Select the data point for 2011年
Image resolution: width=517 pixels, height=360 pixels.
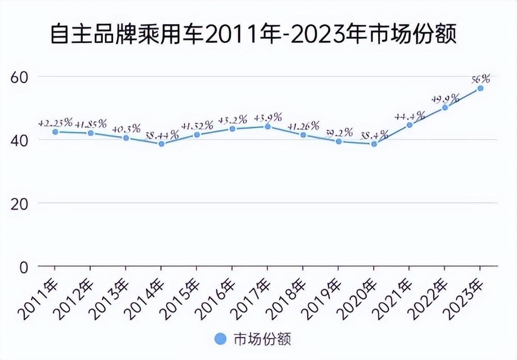click(55, 132)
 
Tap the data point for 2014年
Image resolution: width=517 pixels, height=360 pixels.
click(161, 144)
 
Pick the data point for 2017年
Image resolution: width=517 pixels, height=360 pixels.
click(267, 126)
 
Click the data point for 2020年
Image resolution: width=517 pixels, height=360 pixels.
click(374, 144)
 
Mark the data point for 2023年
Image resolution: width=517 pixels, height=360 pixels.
click(480, 88)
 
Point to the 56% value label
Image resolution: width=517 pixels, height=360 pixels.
click(480, 79)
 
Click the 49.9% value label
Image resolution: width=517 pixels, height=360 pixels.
click(445, 98)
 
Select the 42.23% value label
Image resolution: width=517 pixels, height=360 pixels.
click(55, 123)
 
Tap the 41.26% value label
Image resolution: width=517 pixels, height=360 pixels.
click(303, 126)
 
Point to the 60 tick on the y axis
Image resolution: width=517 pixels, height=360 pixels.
click(19, 77)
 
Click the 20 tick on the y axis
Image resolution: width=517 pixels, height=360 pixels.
click(19, 203)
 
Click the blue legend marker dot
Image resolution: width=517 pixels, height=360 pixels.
click(221, 339)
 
